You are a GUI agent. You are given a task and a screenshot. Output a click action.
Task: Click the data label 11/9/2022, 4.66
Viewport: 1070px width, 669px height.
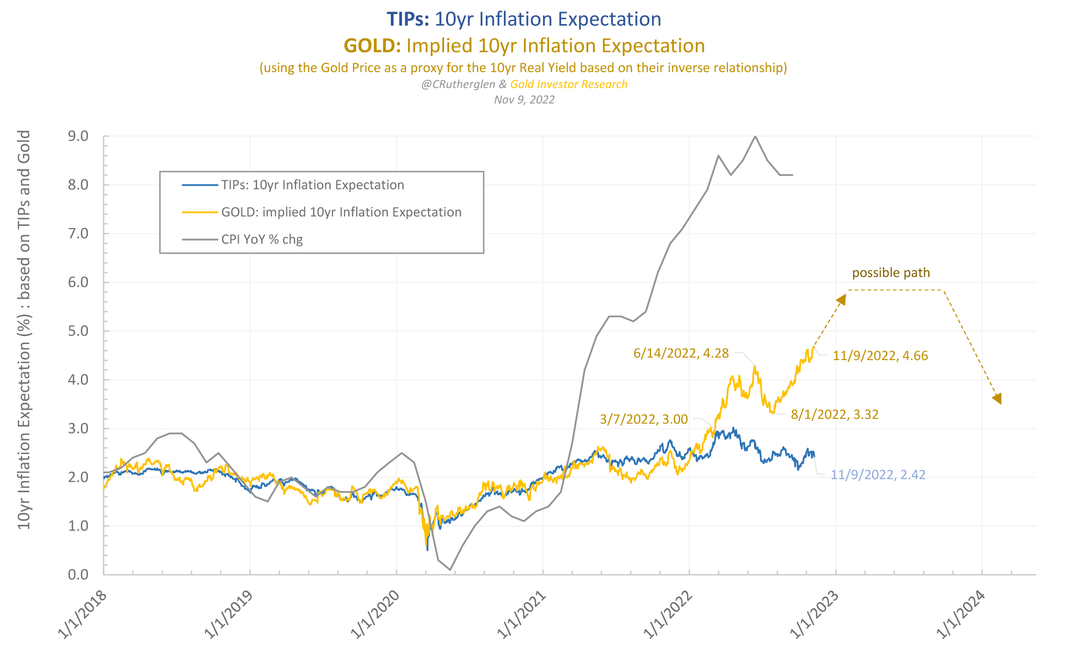(x=880, y=356)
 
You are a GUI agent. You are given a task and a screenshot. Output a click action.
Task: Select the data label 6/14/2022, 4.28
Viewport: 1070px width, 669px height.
(x=681, y=353)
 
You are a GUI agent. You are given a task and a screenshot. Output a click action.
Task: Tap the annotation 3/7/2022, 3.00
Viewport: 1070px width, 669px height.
(x=644, y=419)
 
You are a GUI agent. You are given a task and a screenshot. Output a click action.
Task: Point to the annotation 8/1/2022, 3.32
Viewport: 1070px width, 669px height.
(x=834, y=414)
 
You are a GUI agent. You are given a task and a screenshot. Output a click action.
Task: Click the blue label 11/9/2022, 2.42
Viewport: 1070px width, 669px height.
(x=878, y=475)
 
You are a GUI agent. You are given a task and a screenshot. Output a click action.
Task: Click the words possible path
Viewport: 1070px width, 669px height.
(x=891, y=273)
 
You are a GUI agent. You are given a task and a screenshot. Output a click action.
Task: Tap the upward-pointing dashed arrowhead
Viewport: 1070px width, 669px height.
(x=841, y=299)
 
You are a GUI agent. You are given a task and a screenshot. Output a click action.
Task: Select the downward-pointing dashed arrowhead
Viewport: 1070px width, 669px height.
(x=997, y=399)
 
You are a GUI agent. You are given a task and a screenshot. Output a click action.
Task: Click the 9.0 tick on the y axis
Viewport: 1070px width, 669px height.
(x=78, y=136)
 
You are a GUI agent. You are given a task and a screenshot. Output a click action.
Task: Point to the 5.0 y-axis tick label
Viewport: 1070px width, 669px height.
(x=78, y=331)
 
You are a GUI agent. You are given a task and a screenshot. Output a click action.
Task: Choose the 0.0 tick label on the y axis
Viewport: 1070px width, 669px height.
(x=78, y=574)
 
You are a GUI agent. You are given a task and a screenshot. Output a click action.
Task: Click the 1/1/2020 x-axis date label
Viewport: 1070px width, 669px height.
(x=375, y=614)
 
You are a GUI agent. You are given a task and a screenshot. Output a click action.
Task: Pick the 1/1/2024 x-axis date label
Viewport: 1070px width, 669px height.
(x=961, y=614)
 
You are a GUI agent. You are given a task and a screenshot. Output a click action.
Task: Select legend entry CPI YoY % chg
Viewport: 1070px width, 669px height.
(x=262, y=240)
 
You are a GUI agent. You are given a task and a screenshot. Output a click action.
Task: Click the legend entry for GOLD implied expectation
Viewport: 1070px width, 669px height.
(x=341, y=212)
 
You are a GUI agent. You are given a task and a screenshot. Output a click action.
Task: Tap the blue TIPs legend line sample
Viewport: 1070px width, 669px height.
(x=200, y=185)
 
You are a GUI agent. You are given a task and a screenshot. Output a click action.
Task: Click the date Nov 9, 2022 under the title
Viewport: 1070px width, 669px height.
(x=524, y=99)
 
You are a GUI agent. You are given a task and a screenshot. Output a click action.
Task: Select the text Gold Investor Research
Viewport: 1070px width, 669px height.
(x=569, y=84)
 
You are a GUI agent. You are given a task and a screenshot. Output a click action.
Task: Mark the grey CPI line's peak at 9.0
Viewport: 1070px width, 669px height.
(x=755, y=136)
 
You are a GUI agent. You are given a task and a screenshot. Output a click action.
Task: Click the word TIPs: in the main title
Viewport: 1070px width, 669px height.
(x=408, y=19)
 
